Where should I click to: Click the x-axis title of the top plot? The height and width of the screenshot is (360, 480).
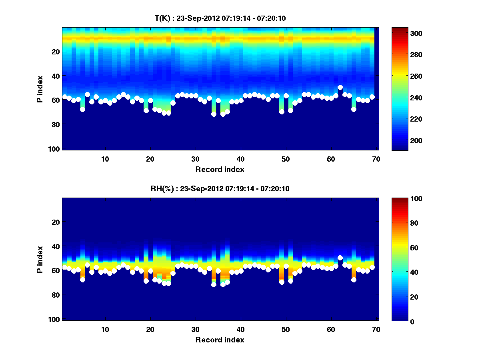pos(220,169)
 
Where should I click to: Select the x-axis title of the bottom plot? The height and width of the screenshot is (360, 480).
pos(220,340)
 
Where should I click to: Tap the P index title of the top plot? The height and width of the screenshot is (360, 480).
pos(40,89)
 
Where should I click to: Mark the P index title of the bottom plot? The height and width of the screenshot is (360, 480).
pos(40,259)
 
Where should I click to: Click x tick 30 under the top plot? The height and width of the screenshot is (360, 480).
pos(195,159)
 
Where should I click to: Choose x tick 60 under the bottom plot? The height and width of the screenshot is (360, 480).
pos(331,329)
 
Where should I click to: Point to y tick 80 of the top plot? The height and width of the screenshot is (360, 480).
pos(55,124)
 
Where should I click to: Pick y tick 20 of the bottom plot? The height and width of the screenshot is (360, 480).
pos(55,222)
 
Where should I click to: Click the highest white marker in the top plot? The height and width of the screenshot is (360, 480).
pos(340,87)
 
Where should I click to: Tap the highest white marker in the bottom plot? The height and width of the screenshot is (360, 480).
pos(340,258)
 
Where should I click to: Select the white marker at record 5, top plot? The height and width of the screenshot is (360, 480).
pos(82,109)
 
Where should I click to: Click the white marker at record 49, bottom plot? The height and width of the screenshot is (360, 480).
pos(282,282)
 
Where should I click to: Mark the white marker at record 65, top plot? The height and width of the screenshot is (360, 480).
pos(354,109)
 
